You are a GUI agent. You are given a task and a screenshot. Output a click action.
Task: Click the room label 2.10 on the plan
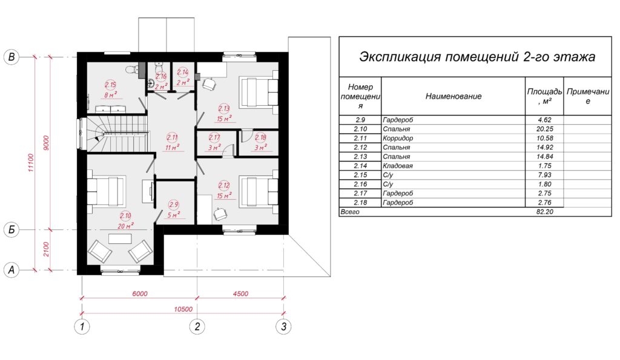(125, 216)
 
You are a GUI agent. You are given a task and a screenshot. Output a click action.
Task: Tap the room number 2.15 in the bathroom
(110, 85)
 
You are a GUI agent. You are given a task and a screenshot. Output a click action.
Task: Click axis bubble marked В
(12, 57)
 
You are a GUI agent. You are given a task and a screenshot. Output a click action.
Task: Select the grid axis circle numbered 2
(197, 327)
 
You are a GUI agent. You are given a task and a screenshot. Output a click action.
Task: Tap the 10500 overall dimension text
(183, 309)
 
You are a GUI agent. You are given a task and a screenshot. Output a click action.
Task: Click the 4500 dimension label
(240, 293)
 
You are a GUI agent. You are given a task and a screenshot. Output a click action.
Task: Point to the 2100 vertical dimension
(46, 249)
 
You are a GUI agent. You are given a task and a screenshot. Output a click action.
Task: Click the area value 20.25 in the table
(545, 129)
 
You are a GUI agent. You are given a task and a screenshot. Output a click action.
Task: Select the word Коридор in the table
(398, 139)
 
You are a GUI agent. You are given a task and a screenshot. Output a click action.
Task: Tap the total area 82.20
(545, 212)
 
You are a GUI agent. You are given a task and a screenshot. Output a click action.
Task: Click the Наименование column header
(453, 96)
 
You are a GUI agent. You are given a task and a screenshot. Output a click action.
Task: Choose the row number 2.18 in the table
(360, 203)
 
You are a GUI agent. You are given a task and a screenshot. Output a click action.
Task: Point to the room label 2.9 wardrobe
(174, 205)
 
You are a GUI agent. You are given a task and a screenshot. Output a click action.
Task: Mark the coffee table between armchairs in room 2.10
(120, 238)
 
